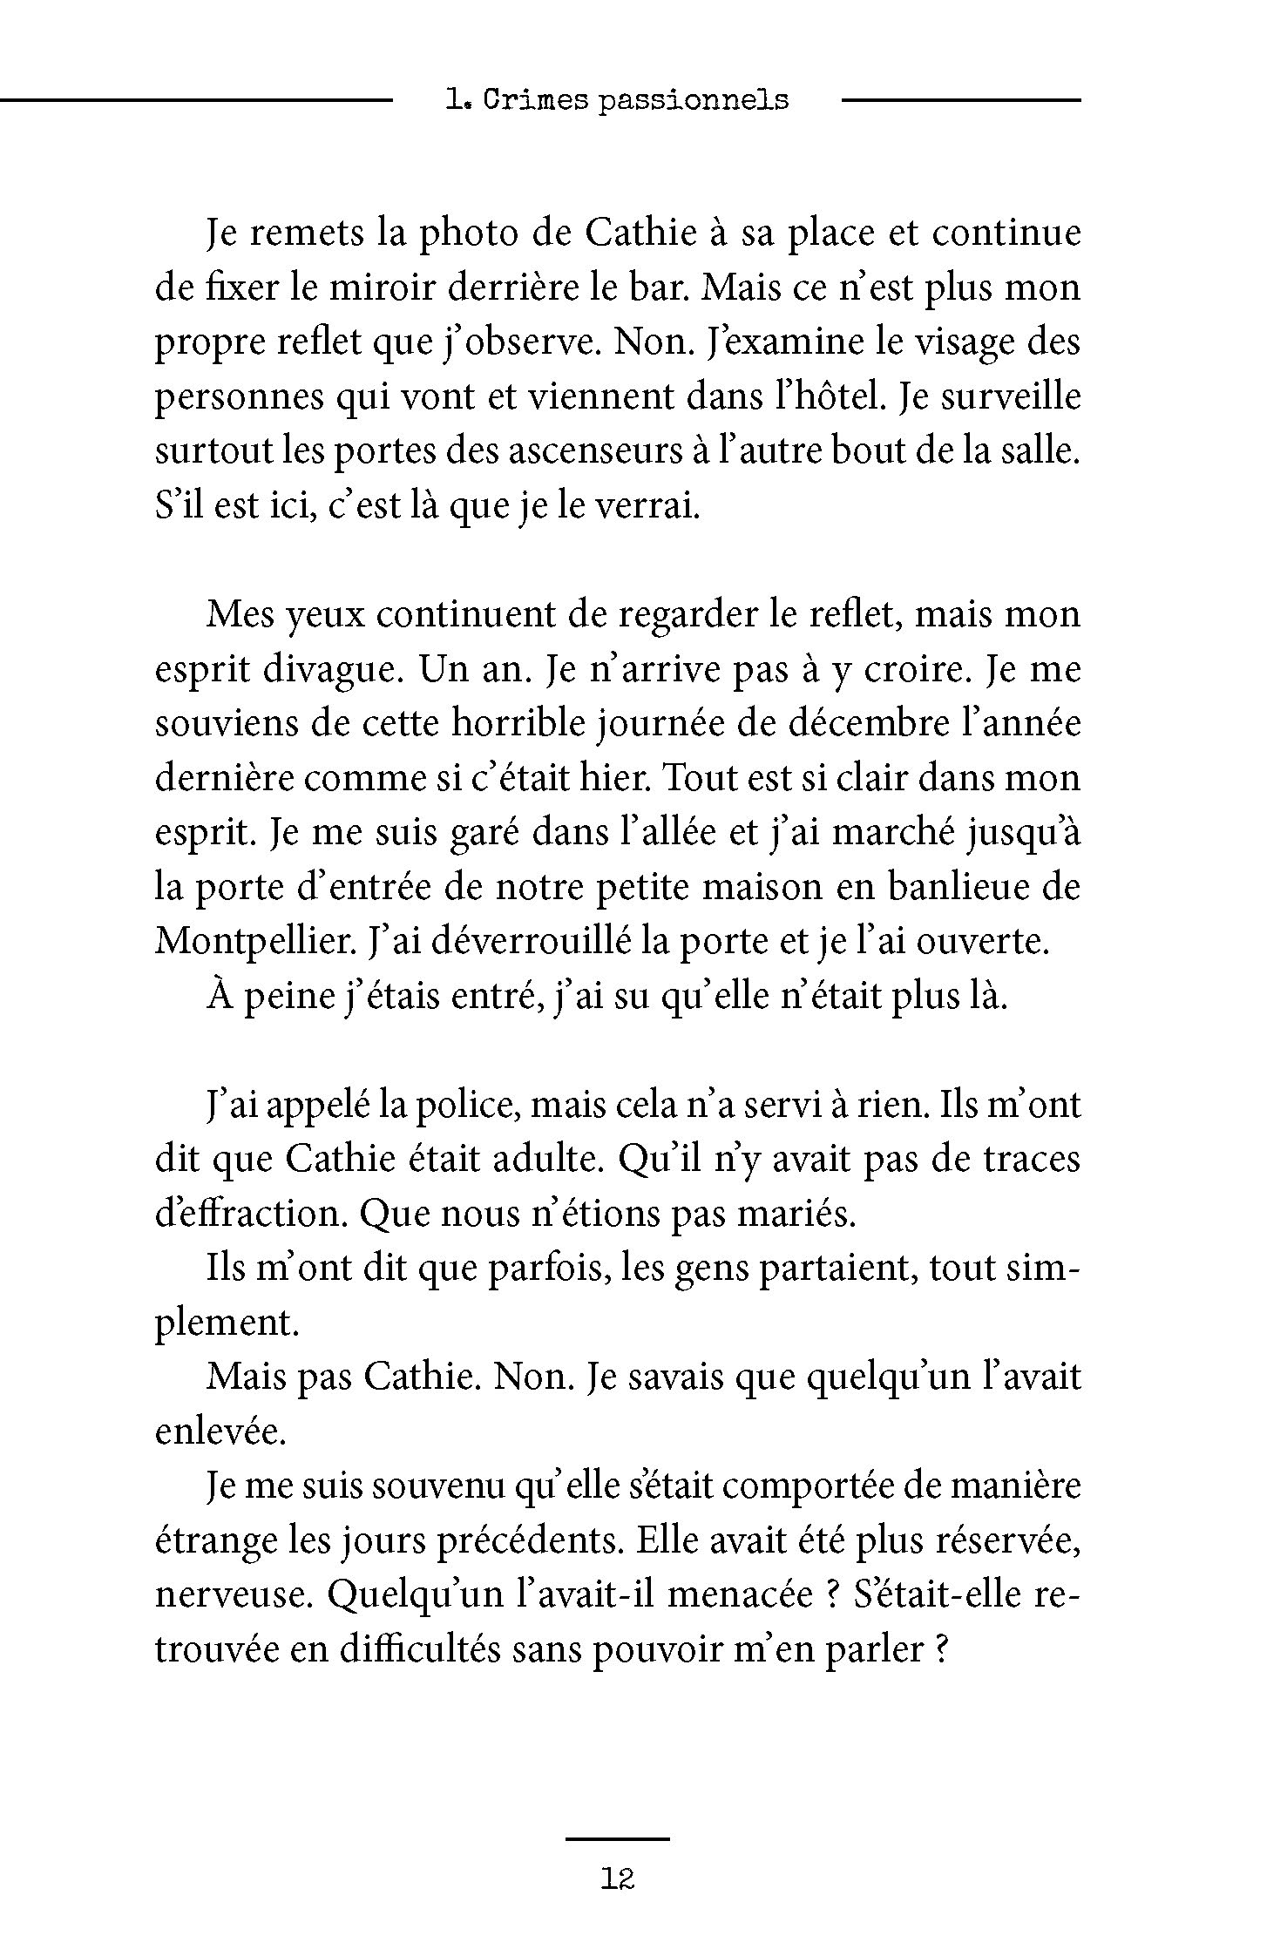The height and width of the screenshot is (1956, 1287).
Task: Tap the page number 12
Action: (x=617, y=1879)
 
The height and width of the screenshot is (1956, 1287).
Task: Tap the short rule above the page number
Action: (x=617, y=1839)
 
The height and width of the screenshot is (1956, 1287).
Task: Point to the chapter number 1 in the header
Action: (x=452, y=100)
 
